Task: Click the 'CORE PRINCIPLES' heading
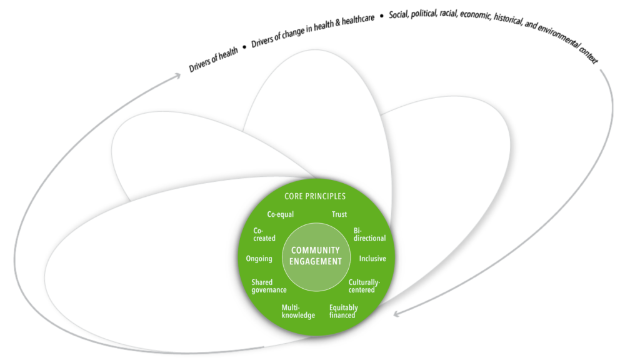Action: [315, 196]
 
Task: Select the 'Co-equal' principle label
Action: [280, 214]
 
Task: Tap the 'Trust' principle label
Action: [339, 214]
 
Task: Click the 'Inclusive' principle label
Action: [372, 259]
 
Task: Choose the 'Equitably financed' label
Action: [344, 311]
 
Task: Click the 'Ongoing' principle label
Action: [259, 259]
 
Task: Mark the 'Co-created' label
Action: [264, 234]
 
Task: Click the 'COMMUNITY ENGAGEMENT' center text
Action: [316, 256]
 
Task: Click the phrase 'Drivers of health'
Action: [214, 61]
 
